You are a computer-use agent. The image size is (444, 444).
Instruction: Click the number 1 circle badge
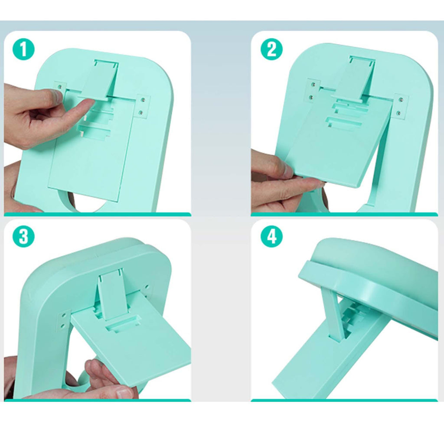click(23, 49)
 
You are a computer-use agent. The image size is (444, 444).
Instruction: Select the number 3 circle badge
click(23, 236)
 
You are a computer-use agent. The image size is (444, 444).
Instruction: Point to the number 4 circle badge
click(271, 236)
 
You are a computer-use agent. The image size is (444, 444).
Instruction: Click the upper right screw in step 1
click(143, 100)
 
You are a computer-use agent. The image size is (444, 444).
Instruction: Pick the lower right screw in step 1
click(141, 113)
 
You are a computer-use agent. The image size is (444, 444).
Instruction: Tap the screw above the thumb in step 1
click(59, 87)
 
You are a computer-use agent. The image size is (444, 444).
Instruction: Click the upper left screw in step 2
click(313, 85)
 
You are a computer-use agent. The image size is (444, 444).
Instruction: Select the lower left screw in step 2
click(311, 98)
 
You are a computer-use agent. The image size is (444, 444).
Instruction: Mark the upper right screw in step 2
click(401, 100)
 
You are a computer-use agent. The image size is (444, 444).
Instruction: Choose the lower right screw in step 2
click(399, 113)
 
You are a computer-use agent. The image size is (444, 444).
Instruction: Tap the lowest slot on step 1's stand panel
click(94, 131)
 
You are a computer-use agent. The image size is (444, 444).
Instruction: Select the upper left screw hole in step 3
click(63, 314)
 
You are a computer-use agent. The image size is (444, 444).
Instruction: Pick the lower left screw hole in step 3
click(62, 325)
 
